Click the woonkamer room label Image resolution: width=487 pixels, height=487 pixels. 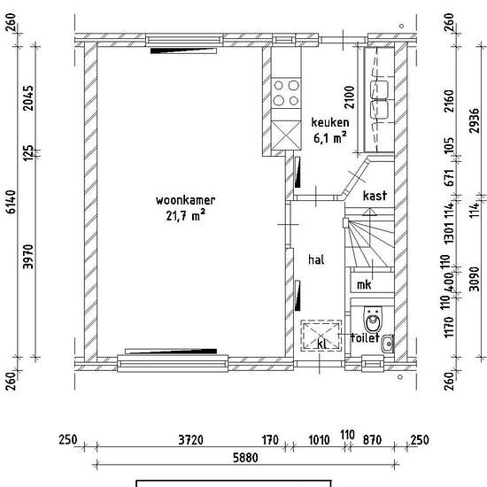185,200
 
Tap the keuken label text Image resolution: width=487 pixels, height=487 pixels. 330,122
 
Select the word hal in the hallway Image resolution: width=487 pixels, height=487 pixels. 316,259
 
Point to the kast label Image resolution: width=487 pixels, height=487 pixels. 375,196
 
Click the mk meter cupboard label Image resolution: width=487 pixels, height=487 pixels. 364,284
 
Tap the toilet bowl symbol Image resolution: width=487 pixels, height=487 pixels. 373,320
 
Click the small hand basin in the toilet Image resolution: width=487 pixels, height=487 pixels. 387,344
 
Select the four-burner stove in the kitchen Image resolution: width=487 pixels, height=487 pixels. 286,93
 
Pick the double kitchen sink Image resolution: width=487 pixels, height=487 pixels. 379,100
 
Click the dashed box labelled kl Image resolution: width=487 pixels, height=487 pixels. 321,336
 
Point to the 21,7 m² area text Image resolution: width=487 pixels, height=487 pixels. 185,215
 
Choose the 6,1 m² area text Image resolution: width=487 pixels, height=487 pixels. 330,137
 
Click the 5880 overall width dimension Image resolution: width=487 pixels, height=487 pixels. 245,458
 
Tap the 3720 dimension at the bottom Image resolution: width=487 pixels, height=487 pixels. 191,440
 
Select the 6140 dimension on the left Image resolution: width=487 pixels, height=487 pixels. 12,202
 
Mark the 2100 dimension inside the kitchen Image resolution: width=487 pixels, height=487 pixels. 350,97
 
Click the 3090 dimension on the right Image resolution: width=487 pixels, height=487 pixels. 475,279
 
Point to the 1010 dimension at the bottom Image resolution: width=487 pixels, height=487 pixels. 319,440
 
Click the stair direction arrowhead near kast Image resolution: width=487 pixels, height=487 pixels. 369,212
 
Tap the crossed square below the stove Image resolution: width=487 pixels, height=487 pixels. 286,135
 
